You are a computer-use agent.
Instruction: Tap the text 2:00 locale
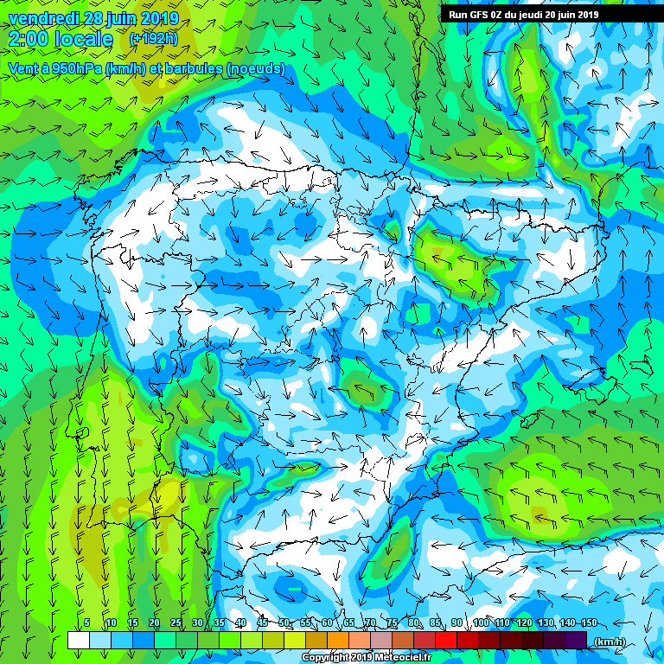click(61, 39)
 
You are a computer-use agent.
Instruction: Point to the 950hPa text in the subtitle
click(75, 68)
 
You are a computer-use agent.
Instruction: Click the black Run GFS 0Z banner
click(524, 14)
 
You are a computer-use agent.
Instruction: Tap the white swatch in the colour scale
click(78, 640)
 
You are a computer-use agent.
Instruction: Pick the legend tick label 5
click(87, 623)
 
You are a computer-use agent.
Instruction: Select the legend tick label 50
click(284, 623)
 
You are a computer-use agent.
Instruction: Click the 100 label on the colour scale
click(481, 623)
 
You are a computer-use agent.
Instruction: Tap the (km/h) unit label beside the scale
click(610, 641)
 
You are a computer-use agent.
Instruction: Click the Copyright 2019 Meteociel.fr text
click(365, 657)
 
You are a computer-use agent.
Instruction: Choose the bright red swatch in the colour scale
click(446, 640)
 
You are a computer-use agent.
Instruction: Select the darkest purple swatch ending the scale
click(576, 640)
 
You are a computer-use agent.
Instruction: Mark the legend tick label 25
click(176, 623)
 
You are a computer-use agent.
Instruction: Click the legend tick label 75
click(393, 623)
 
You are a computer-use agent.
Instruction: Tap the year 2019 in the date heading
click(160, 18)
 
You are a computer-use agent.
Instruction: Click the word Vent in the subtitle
click(23, 68)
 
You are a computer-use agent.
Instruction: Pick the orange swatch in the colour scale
click(338, 640)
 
